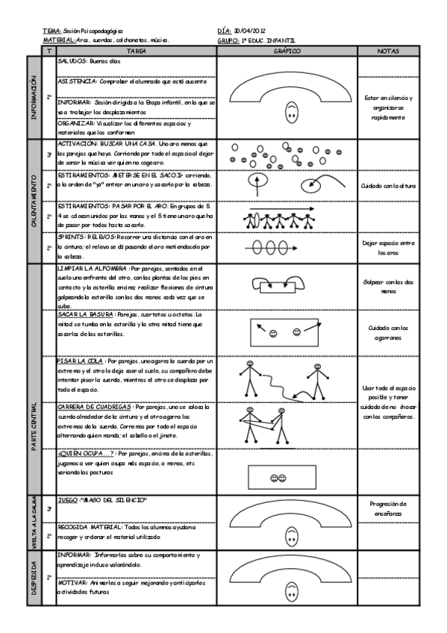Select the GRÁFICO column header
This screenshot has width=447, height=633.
pos(287,52)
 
